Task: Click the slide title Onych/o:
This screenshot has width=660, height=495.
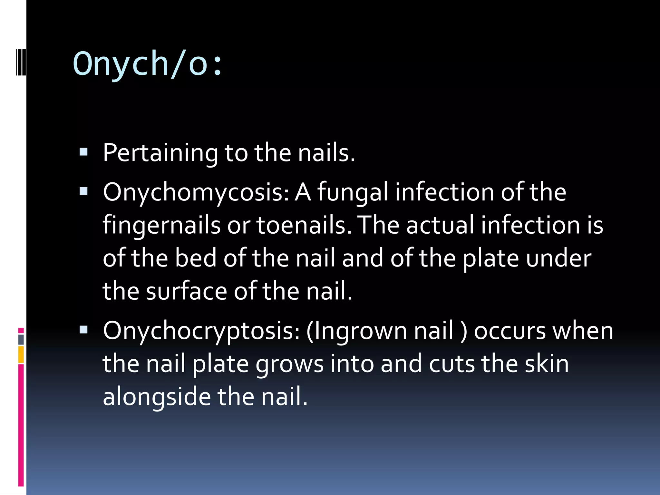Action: click(148, 64)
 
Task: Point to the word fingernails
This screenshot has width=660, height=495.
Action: click(161, 225)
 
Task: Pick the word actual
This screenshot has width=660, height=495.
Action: click(440, 225)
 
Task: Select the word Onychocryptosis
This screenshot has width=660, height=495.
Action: click(201, 331)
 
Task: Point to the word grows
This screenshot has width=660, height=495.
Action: click(289, 364)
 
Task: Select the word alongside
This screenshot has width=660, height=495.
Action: click(156, 397)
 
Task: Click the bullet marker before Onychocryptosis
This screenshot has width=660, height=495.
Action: click(83, 329)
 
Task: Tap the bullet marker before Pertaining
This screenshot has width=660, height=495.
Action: click(83, 152)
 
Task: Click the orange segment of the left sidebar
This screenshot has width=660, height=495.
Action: click(21, 354)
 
